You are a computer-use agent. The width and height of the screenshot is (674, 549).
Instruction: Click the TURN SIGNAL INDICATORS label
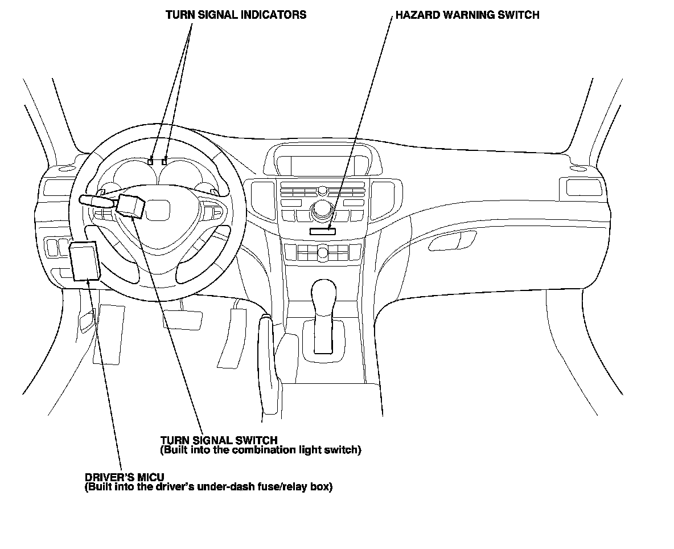(236, 15)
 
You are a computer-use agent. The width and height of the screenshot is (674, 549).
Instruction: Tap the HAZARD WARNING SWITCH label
(467, 15)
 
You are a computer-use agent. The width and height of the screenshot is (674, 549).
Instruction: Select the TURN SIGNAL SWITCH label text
(219, 440)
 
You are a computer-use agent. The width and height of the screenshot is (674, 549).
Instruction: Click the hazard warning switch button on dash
(323, 231)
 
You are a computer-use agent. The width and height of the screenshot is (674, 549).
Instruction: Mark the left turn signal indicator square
(151, 162)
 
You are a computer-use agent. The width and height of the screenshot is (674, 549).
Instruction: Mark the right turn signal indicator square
(165, 162)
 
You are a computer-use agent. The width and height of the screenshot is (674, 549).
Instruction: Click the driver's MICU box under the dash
(85, 260)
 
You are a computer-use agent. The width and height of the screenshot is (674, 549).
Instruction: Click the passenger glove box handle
(450, 241)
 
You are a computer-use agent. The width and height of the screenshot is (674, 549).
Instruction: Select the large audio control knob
(323, 211)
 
